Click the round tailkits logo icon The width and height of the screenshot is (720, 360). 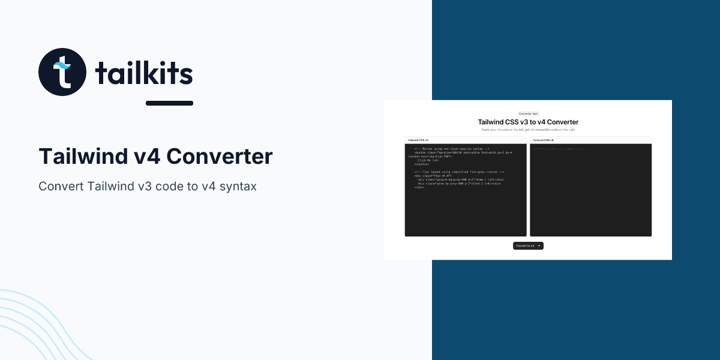tap(62, 72)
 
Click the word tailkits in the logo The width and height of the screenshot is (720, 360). tap(144, 74)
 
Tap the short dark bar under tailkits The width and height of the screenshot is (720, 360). tap(169, 103)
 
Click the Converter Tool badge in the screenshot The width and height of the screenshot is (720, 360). tap(528, 113)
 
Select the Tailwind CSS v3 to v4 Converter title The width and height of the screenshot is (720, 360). tap(528, 122)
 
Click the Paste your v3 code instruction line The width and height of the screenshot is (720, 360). tap(528, 130)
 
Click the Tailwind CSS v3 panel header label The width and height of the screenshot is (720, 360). tap(418, 140)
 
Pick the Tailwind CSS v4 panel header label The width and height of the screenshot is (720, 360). tap(543, 140)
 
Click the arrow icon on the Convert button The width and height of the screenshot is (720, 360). tap(539, 246)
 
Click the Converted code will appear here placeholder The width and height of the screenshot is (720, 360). tap(561, 148)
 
